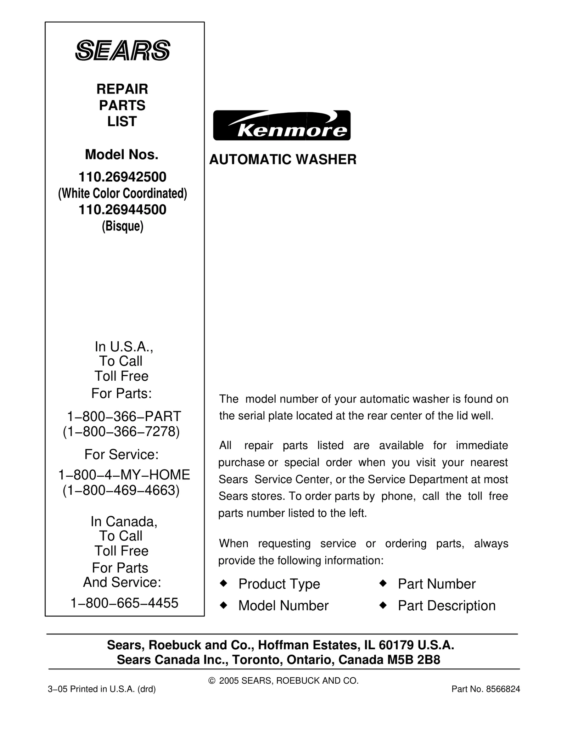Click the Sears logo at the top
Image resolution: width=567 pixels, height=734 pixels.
click(123, 50)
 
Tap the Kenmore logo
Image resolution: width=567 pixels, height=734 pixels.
click(282, 125)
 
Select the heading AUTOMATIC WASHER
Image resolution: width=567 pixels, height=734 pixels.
click(283, 159)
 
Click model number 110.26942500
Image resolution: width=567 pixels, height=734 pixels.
click(122, 177)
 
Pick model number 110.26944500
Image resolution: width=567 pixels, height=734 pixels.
click(122, 210)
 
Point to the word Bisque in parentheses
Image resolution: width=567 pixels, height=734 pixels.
click(123, 226)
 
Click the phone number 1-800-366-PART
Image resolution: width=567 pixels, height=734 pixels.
click(124, 416)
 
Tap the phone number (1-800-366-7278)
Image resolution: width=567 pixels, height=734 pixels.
click(121, 432)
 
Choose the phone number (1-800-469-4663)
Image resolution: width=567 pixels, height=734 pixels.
click(121, 491)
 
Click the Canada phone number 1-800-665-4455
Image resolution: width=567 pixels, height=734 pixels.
click(124, 603)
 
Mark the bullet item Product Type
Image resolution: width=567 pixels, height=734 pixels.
click(279, 584)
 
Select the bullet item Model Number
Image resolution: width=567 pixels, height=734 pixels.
click(283, 606)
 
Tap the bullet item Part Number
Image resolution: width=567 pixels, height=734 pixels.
click(437, 584)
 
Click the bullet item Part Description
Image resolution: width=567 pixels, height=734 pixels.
click(447, 606)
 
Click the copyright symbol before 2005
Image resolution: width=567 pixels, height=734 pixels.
click(212, 681)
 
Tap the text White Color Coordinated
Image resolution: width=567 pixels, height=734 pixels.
click(123, 193)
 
